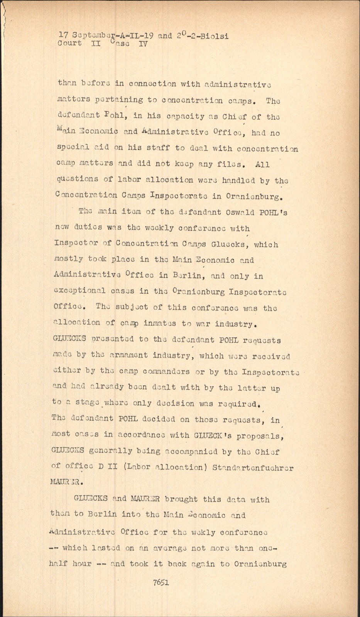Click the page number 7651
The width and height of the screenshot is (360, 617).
(161, 582)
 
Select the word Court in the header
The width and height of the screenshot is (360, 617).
(70, 43)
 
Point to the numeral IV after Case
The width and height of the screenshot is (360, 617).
(143, 44)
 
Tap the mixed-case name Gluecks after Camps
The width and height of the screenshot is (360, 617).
(229, 244)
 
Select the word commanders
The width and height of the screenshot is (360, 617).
(166, 372)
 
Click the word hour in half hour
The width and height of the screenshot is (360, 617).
(81, 564)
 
